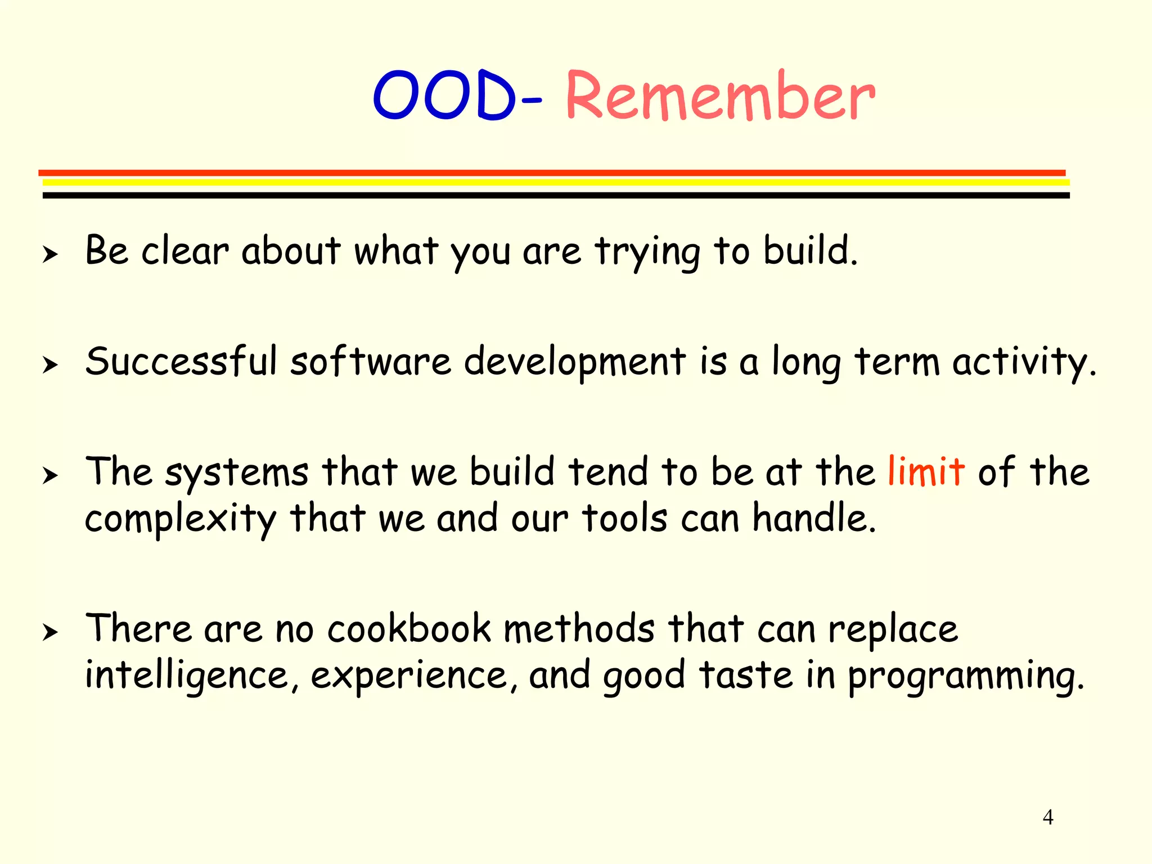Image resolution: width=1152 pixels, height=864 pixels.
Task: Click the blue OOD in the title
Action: pyautogui.click(x=444, y=96)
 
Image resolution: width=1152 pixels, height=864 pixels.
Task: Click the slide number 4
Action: pyautogui.click(x=1047, y=817)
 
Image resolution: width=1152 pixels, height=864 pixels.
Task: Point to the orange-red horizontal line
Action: pyautogui.click(x=551, y=173)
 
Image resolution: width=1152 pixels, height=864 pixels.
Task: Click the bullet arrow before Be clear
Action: pyautogui.click(x=50, y=254)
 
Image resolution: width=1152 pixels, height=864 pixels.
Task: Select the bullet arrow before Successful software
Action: pyautogui.click(x=50, y=365)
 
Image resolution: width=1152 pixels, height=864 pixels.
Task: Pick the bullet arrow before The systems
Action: pyautogui.click(x=50, y=476)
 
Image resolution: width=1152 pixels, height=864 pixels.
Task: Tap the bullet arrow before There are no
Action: pyautogui.click(x=50, y=632)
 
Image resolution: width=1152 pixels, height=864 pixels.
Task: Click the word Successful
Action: pyautogui.click(x=181, y=361)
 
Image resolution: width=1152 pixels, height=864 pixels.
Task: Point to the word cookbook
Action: pyautogui.click(x=409, y=628)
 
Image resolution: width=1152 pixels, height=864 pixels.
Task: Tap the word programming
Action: pyautogui.click(x=965, y=677)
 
